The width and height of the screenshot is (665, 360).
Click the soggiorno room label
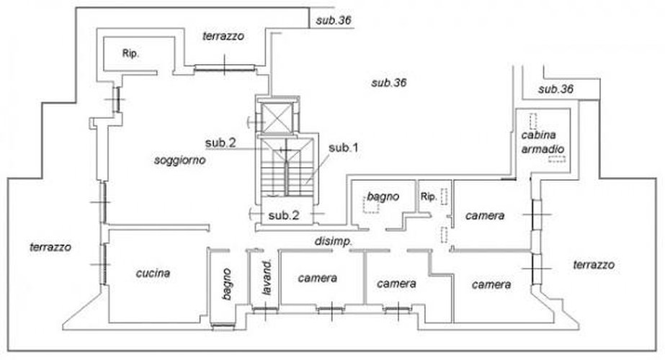[180, 161]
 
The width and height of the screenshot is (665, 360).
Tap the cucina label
[153, 274]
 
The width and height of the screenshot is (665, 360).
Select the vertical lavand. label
[267, 277]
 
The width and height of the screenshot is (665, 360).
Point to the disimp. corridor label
[334, 241]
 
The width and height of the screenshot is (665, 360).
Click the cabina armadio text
[543, 142]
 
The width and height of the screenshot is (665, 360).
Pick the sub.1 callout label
[344, 148]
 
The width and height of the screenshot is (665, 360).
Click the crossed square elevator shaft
[277, 117]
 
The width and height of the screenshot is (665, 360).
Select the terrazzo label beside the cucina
[50, 247]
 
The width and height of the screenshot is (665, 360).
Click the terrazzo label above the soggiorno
[223, 36]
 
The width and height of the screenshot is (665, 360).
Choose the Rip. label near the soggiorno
[130, 54]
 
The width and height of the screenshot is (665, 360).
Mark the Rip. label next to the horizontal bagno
[429, 197]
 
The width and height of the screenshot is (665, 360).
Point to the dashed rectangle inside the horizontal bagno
[370, 206]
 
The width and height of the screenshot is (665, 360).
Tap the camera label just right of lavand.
[318, 278]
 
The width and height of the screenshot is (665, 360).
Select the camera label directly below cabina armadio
[485, 216]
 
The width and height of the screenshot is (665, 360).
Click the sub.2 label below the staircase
[284, 215]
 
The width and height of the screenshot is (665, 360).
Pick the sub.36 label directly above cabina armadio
[555, 89]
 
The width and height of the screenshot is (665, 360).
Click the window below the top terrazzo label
[224, 68]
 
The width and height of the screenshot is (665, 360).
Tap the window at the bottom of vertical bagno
[223, 326]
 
